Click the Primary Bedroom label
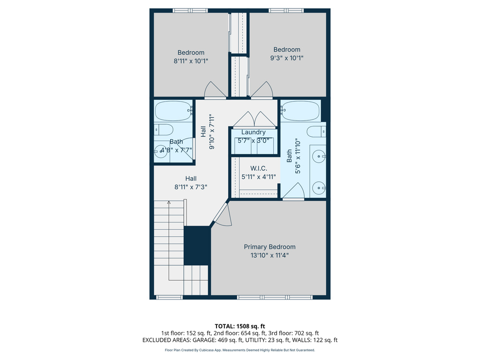click(x=270, y=247)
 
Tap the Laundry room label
click(x=253, y=132)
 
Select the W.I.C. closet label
click(x=258, y=168)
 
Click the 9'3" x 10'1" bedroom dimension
click(x=287, y=58)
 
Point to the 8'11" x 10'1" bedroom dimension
click(x=191, y=61)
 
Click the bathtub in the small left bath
click(x=173, y=111)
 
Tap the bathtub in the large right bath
click(x=300, y=111)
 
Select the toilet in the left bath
click(x=164, y=130)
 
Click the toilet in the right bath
click(x=316, y=131)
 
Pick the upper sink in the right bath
click(x=320, y=154)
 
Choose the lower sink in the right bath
click(x=320, y=187)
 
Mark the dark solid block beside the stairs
click(x=197, y=246)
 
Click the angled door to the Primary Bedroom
click(x=221, y=214)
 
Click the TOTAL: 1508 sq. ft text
click(x=240, y=326)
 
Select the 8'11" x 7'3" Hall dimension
click(x=191, y=187)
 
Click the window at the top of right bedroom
click(x=286, y=10)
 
